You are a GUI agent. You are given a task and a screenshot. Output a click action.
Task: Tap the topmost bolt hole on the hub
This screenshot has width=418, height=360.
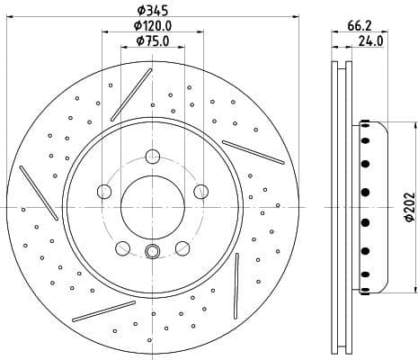153,155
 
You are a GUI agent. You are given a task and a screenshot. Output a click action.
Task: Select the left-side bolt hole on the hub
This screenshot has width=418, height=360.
103,191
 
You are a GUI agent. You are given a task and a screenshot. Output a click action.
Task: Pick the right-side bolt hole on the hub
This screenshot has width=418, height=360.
201,191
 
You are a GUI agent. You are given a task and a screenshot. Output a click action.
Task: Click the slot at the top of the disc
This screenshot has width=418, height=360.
131,92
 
